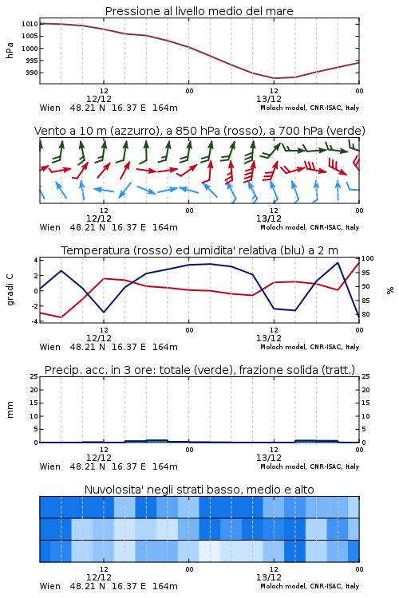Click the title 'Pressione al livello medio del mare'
(x=199, y=11)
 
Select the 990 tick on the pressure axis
(x=32, y=73)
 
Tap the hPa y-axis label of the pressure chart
(x=10, y=50)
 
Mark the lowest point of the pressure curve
(x=275, y=78)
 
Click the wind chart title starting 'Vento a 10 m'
(x=199, y=131)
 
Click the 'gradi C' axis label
(x=10, y=289)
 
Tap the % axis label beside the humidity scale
(x=390, y=290)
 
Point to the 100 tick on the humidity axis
(x=368, y=258)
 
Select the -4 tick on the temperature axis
(x=34, y=321)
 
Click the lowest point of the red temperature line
(x=61, y=317)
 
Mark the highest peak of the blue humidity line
(x=338, y=262)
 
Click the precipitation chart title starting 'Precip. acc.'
(x=199, y=370)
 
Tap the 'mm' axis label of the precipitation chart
(x=10, y=410)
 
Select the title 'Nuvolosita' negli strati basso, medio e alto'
(x=199, y=490)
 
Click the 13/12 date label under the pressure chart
(x=269, y=99)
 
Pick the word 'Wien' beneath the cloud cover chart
(x=50, y=586)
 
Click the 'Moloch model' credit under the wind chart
(x=283, y=227)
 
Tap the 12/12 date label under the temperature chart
(x=99, y=338)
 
